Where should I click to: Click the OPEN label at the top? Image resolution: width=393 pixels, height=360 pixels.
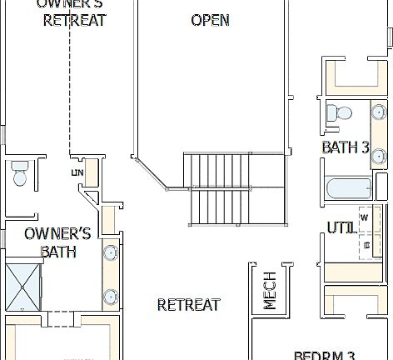pos(210,20)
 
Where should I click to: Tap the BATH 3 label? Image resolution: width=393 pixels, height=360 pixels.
pos(345,147)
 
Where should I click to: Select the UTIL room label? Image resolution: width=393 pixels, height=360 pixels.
pos(341,227)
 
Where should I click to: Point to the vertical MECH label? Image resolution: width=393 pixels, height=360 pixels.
pos(271,290)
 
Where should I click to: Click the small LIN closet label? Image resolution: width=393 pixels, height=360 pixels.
pos(77,172)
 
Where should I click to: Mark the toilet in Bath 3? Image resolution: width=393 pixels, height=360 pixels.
pos(338,115)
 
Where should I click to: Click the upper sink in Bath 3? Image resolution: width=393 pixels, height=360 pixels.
pos(378,112)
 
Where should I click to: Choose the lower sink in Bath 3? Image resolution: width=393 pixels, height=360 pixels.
pos(378,156)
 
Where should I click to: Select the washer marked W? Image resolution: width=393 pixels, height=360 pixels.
pos(365,218)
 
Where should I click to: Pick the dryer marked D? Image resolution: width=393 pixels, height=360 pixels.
pos(366,245)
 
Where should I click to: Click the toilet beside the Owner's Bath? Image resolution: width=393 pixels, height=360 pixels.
pos(20,174)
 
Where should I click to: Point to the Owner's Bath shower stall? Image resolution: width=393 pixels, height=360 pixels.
pos(22,285)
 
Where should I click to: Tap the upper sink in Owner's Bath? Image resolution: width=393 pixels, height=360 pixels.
pos(110,252)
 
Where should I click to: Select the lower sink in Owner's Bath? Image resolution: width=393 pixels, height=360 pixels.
pos(110,296)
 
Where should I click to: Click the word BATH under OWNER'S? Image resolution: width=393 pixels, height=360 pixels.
pos(58,251)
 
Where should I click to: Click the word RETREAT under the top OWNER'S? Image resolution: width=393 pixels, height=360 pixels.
pos(75,20)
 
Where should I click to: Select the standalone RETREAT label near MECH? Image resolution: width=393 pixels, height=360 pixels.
pos(189,305)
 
